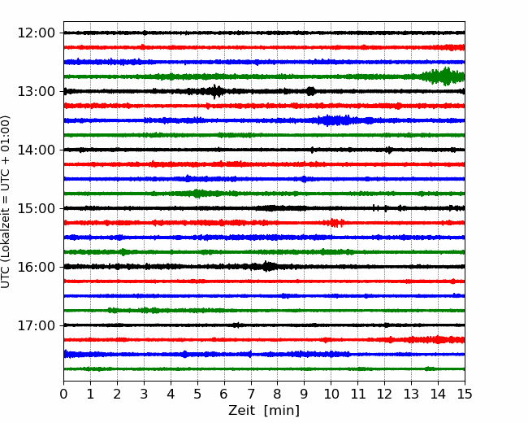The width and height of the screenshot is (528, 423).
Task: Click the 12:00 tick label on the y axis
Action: pos(36,33)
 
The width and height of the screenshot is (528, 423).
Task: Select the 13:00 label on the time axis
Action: pos(36,91)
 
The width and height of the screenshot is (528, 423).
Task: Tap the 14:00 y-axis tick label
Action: pos(36,150)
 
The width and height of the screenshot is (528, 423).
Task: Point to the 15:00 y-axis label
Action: pos(36,208)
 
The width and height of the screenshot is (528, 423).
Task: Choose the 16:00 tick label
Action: pos(36,267)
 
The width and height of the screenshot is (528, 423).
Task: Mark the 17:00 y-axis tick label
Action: pos(36,325)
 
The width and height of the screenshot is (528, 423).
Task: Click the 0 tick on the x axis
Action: pos(63,394)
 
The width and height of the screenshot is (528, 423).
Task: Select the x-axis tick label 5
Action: pos(197,394)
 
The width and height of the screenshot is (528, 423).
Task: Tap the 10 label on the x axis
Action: pos(331,394)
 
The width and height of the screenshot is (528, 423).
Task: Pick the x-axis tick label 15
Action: pos(465,394)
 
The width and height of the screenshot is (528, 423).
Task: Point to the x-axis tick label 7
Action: pos(251,394)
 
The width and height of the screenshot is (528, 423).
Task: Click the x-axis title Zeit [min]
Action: pos(264,411)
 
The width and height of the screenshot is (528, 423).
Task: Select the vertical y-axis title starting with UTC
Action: pos(5,202)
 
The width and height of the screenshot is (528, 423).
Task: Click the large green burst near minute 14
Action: pos(444,76)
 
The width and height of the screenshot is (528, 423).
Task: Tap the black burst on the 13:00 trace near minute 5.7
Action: pos(214,91)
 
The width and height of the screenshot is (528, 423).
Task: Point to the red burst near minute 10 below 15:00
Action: pos(335,223)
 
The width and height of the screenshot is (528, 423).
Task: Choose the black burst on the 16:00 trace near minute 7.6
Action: pos(266,267)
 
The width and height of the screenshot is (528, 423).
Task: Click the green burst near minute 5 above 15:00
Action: pos(199,194)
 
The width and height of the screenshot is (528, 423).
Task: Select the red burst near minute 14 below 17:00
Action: pos(438,339)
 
